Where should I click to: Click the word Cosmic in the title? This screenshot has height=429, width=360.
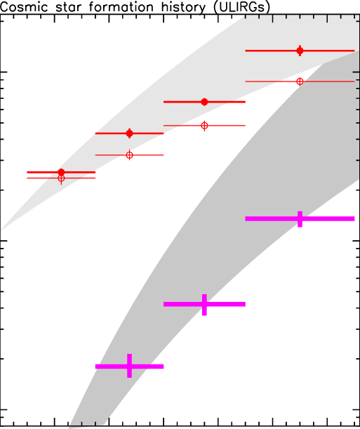[x=24, y=7]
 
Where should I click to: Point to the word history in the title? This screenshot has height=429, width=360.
[x=183, y=8]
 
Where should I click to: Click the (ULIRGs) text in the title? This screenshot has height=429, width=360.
[x=241, y=8]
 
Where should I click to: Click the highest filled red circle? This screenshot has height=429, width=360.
[x=300, y=51]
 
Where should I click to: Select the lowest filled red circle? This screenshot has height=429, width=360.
[x=61, y=172]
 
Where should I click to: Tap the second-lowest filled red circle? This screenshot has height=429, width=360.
[x=129, y=133]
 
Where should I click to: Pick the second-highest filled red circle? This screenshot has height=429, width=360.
[x=204, y=102]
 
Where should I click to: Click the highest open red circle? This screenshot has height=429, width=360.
[x=300, y=81]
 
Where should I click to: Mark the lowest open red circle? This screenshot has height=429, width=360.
[x=61, y=178]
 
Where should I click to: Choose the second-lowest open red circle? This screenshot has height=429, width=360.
[x=129, y=155]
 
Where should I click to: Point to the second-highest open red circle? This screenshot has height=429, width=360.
[x=204, y=126]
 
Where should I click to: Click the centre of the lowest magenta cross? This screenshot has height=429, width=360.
[x=129, y=367]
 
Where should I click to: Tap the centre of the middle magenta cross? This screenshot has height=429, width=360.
[x=204, y=304]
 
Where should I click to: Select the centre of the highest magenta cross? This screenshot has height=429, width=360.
[x=300, y=218]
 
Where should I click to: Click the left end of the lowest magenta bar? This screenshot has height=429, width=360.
[x=95, y=367]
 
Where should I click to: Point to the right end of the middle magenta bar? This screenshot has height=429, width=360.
[x=245, y=304]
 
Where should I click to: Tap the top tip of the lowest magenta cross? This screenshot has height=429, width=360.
[x=129, y=354]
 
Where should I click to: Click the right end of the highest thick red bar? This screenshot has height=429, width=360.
[x=354, y=51]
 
